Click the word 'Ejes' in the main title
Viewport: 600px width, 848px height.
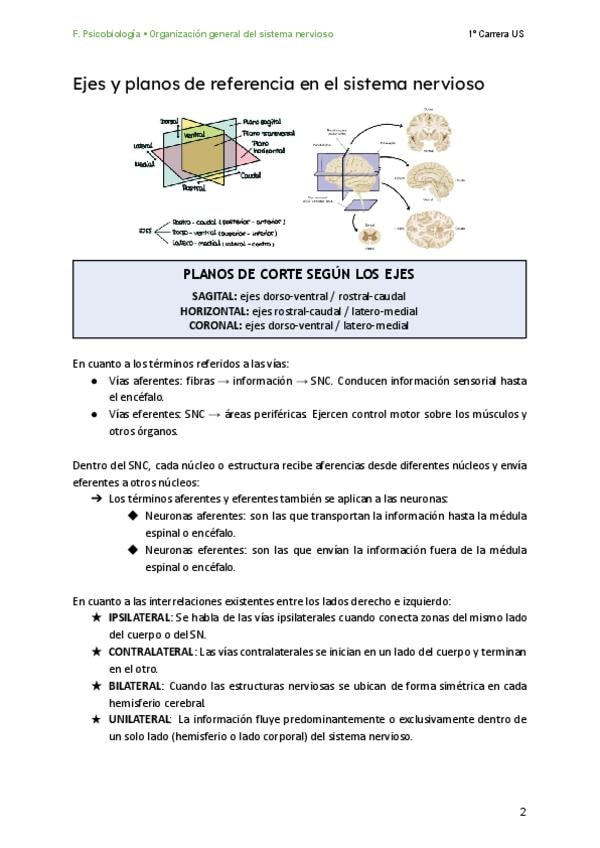point(90,85)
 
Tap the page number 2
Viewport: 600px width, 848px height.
point(523,811)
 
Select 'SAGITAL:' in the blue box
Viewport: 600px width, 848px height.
point(214,296)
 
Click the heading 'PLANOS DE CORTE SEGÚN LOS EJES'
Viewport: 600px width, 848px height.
point(300,274)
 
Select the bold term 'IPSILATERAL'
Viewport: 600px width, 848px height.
point(140,618)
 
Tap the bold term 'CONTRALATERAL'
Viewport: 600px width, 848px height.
point(151,652)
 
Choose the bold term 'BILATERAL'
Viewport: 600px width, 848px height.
point(135,686)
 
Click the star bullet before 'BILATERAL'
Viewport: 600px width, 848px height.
point(95,686)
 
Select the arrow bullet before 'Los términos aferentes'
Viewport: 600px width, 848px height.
point(96,498)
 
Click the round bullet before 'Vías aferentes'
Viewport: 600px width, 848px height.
point(94,381)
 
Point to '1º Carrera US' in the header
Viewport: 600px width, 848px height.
point(496,34)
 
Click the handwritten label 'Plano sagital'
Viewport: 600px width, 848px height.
point(263,121)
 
